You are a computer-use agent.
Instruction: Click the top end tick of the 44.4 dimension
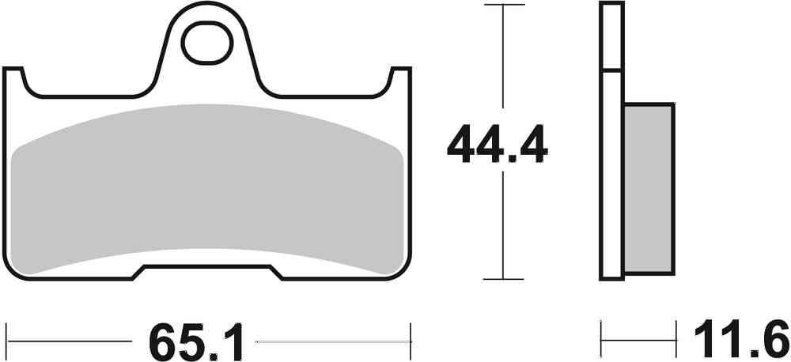[503, 5]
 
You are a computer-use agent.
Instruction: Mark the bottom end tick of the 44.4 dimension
[503, 278]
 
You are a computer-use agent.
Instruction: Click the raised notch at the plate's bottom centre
[209, 271]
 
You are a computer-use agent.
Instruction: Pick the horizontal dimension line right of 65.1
[332, 341]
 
